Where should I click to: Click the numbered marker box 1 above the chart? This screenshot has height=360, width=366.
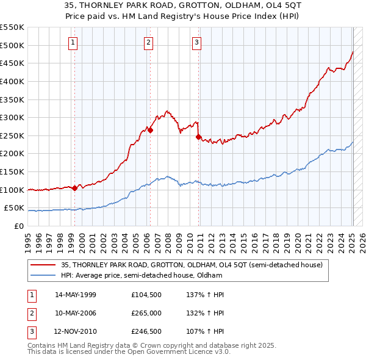(x=73, y=42)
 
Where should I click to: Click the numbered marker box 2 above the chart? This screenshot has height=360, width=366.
(x=148, y=42)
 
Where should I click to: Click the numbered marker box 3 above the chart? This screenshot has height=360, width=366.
(x=197, y=42)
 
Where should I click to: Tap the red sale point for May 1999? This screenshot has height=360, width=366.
(x=74, y=188)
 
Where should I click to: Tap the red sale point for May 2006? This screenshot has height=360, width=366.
(x=150, y=130)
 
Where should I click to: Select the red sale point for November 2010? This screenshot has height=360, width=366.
(x=199, y=137)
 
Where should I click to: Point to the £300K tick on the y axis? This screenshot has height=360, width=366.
(x=13, y=117)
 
